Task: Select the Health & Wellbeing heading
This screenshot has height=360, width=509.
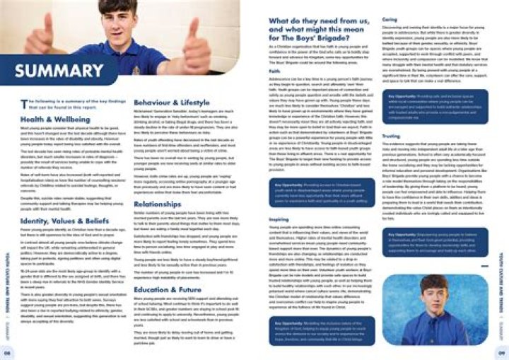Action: (x=51, y=120)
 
